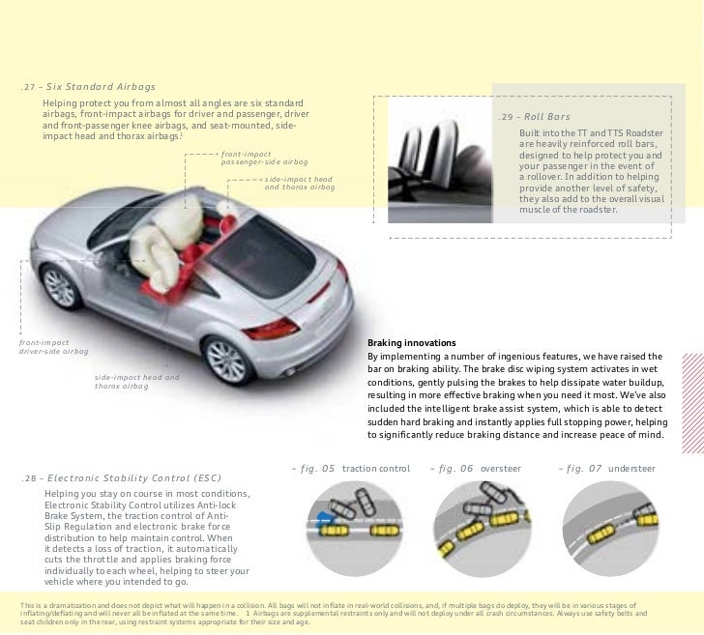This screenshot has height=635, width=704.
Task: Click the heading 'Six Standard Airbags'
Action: [x=102, y=86]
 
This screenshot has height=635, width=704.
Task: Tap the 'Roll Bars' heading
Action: [x=547, y=118]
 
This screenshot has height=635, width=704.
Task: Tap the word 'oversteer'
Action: [x=501, y=469]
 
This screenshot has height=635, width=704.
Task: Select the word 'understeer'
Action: [x=632, y=469]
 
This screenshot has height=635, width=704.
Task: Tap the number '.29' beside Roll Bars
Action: [x=508, y=118]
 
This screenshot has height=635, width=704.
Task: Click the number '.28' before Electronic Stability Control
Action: [x=30, y=477]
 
